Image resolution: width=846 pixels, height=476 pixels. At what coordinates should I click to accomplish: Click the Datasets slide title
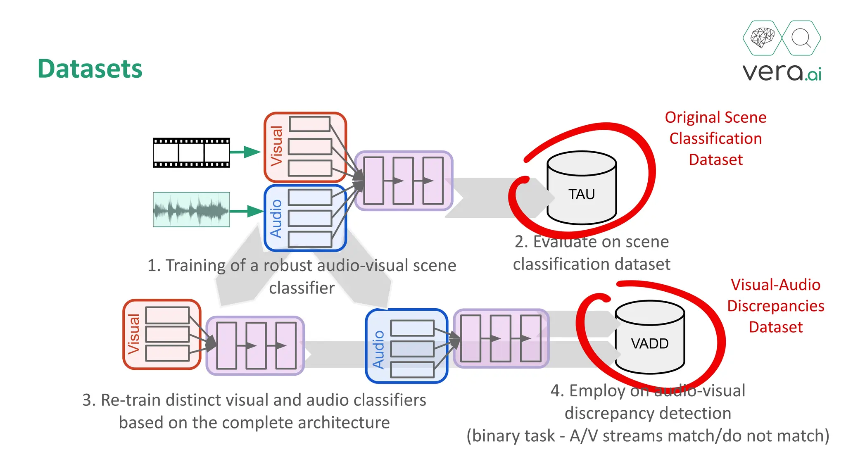click(90, 69)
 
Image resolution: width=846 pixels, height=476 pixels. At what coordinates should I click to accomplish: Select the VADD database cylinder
click(649, 343)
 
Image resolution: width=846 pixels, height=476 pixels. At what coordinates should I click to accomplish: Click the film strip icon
click(191, 153)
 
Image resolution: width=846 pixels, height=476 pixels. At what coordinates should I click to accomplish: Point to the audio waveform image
click(191, 209)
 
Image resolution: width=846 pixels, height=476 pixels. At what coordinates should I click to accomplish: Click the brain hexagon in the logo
click(762, 38)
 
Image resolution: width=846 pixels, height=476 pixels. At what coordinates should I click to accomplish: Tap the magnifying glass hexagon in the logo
click(801, 38)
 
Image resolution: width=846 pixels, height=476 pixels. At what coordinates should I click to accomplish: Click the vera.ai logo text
click(782, 72)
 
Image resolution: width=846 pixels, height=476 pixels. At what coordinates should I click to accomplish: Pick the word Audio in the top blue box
click(276, 219)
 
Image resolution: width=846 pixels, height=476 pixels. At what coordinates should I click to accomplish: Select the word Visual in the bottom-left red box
click(134, 334)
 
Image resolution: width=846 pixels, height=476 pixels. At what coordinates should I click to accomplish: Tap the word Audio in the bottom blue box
click(378, 349)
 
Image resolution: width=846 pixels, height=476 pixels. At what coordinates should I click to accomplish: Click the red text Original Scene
click(715, 117)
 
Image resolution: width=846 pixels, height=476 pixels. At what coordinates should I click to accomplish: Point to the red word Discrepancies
click(775, 306)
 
